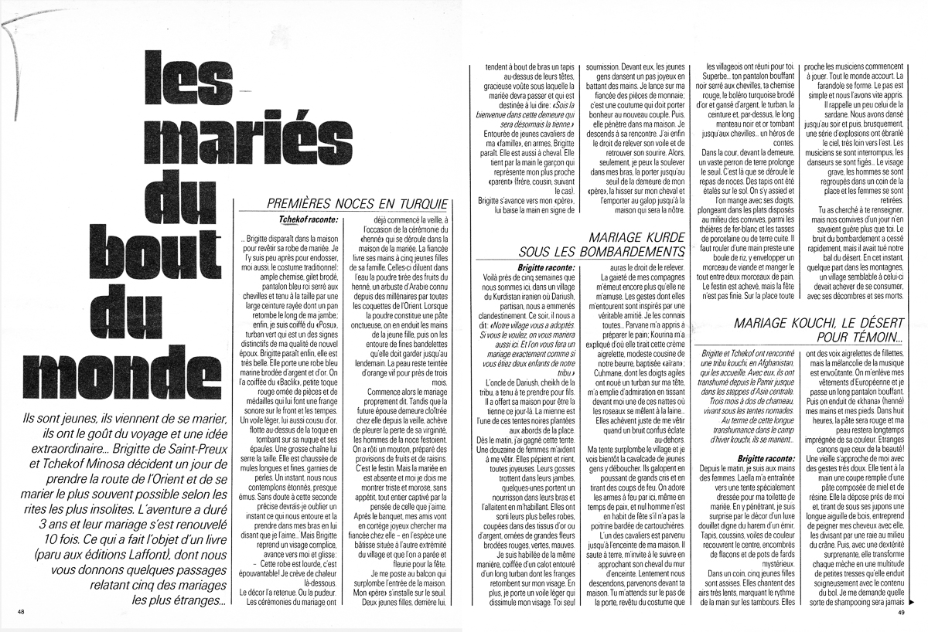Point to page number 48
coord(21,612)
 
